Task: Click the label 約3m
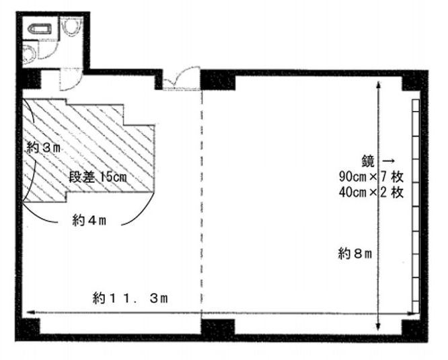pyautogui.click(x=44, y=148)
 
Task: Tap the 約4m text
pyautogui.click(x=91, y=219)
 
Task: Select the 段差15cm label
pyautogui.click(x=99, y=177)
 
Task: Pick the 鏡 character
pyautogui.click(x=368, y=161)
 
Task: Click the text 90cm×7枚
pyautogui.click(x=371, y=178)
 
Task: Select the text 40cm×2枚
pyautogui.click(x=371, y=192)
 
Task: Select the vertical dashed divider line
pyautogui.click(x=201, y=202)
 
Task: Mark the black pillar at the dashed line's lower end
pyautogui.click(x=217, y=328)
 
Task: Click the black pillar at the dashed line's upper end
pyautogui.click(x=217, y=80)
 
